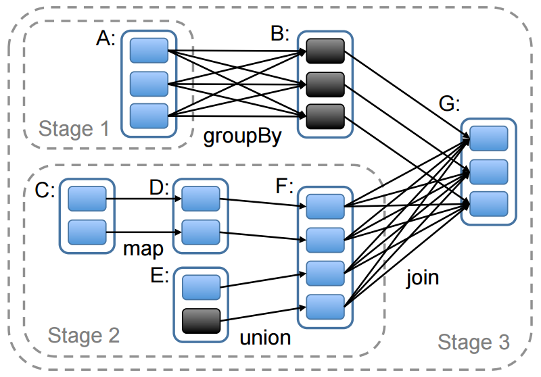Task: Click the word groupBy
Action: click(x=242, y=137)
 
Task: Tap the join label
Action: click(x=423, y=277)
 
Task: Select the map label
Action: click(x=143, y=249)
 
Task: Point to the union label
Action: click(x=265, y=336)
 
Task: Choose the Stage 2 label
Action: click(x=83, y=334)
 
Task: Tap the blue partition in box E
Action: click(x=201, y=287)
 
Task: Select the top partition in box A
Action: click(x=149, y=50)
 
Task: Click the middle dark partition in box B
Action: click(x=325, y=84)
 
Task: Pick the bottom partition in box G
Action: click(x=488, y=203)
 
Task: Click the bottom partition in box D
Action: click(x=201, y=232)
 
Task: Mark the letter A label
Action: click(x=105, y=39)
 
